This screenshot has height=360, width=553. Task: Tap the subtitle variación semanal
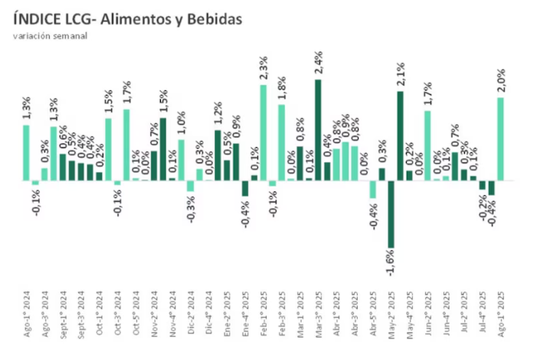coord(51,36)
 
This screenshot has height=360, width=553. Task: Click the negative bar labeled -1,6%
coord(391,214)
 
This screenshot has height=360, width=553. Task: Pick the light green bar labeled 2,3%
coord(263,132)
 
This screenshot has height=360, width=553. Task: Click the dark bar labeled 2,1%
coord(400,136)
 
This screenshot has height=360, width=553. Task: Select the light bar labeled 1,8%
coord(282,142)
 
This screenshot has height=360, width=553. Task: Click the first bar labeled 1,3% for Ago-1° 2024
coord(26,152)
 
